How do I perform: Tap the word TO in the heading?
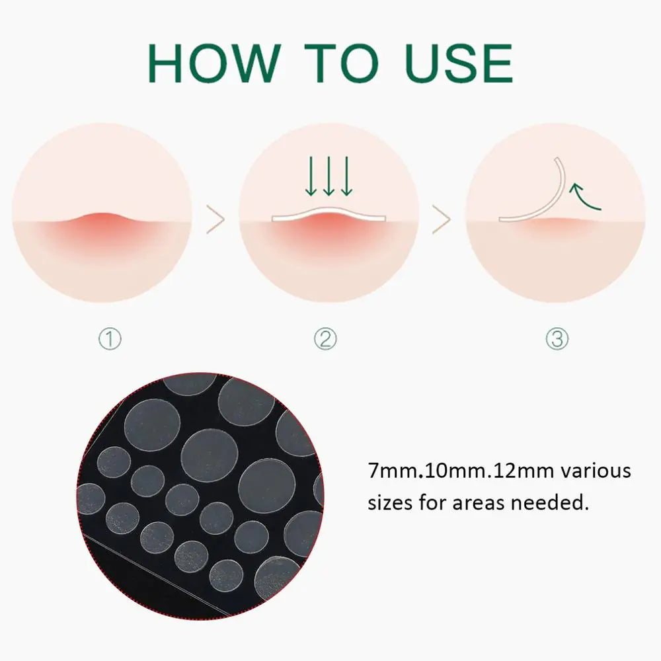click(342, 63)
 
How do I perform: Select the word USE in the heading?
click(459, 63)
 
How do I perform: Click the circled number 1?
click(110, 339)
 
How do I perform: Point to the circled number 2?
click(325, 339)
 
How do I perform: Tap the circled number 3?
click(557, 339)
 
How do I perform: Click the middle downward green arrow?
click(329, 176)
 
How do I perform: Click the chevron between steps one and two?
click(215, 219)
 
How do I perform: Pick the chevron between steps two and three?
click(442, 219)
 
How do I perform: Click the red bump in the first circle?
click(101, 223)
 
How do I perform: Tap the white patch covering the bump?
click(329, 212)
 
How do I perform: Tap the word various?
click(596, 471)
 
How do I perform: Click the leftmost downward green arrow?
click(311, 176)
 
